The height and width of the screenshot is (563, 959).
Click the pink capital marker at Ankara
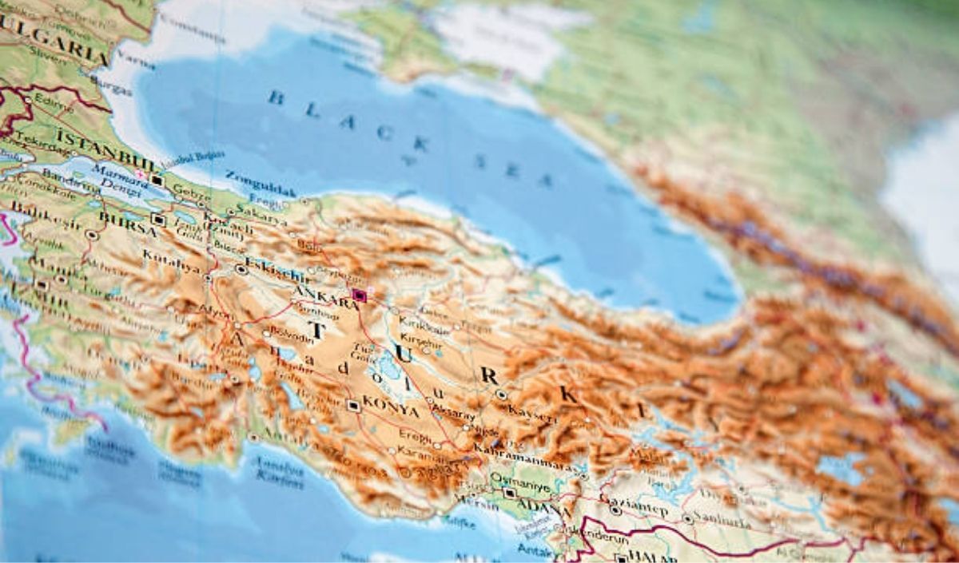pyautogui.click(x=359, y=295)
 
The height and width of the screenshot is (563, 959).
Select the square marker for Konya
pyautogui.click(x=353, y=406)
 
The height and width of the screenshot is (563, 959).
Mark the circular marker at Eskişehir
pyautogui.click(x=241, y=270)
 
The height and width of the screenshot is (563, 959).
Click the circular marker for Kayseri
pyautogui.click(x=501, y=394)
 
